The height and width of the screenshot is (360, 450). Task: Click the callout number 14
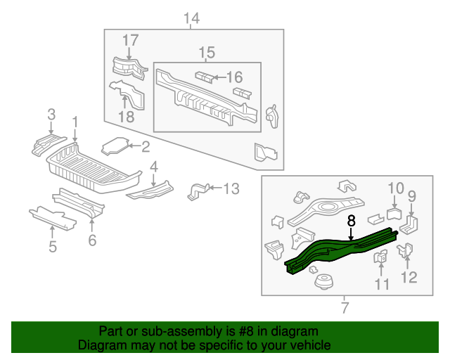point(191,18)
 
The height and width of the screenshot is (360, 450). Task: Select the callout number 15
point(207,53)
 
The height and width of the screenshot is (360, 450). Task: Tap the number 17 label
point(130,41)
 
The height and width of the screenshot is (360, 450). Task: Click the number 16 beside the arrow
point(233,77)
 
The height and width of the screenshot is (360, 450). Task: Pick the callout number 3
point(51,114)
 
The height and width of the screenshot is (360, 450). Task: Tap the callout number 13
point(231,188)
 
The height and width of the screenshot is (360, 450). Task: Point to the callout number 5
point(51,245)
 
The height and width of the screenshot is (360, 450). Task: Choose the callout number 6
point(91,240)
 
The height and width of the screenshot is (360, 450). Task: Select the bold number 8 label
point(351,221)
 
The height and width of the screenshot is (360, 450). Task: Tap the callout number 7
point(345,307)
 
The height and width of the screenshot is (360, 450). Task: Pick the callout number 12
point(409,277)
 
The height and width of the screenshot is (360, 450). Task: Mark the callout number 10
point(395,188)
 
